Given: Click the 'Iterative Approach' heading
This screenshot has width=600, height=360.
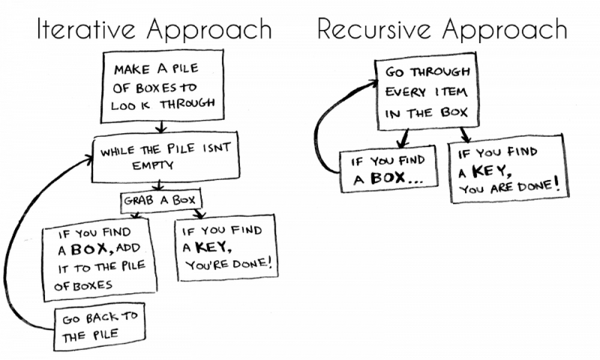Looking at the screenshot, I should coord(154,29).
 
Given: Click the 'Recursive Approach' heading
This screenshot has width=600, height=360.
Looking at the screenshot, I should coord(442,29).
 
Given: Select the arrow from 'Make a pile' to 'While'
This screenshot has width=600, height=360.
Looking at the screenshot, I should coord(161,127).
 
